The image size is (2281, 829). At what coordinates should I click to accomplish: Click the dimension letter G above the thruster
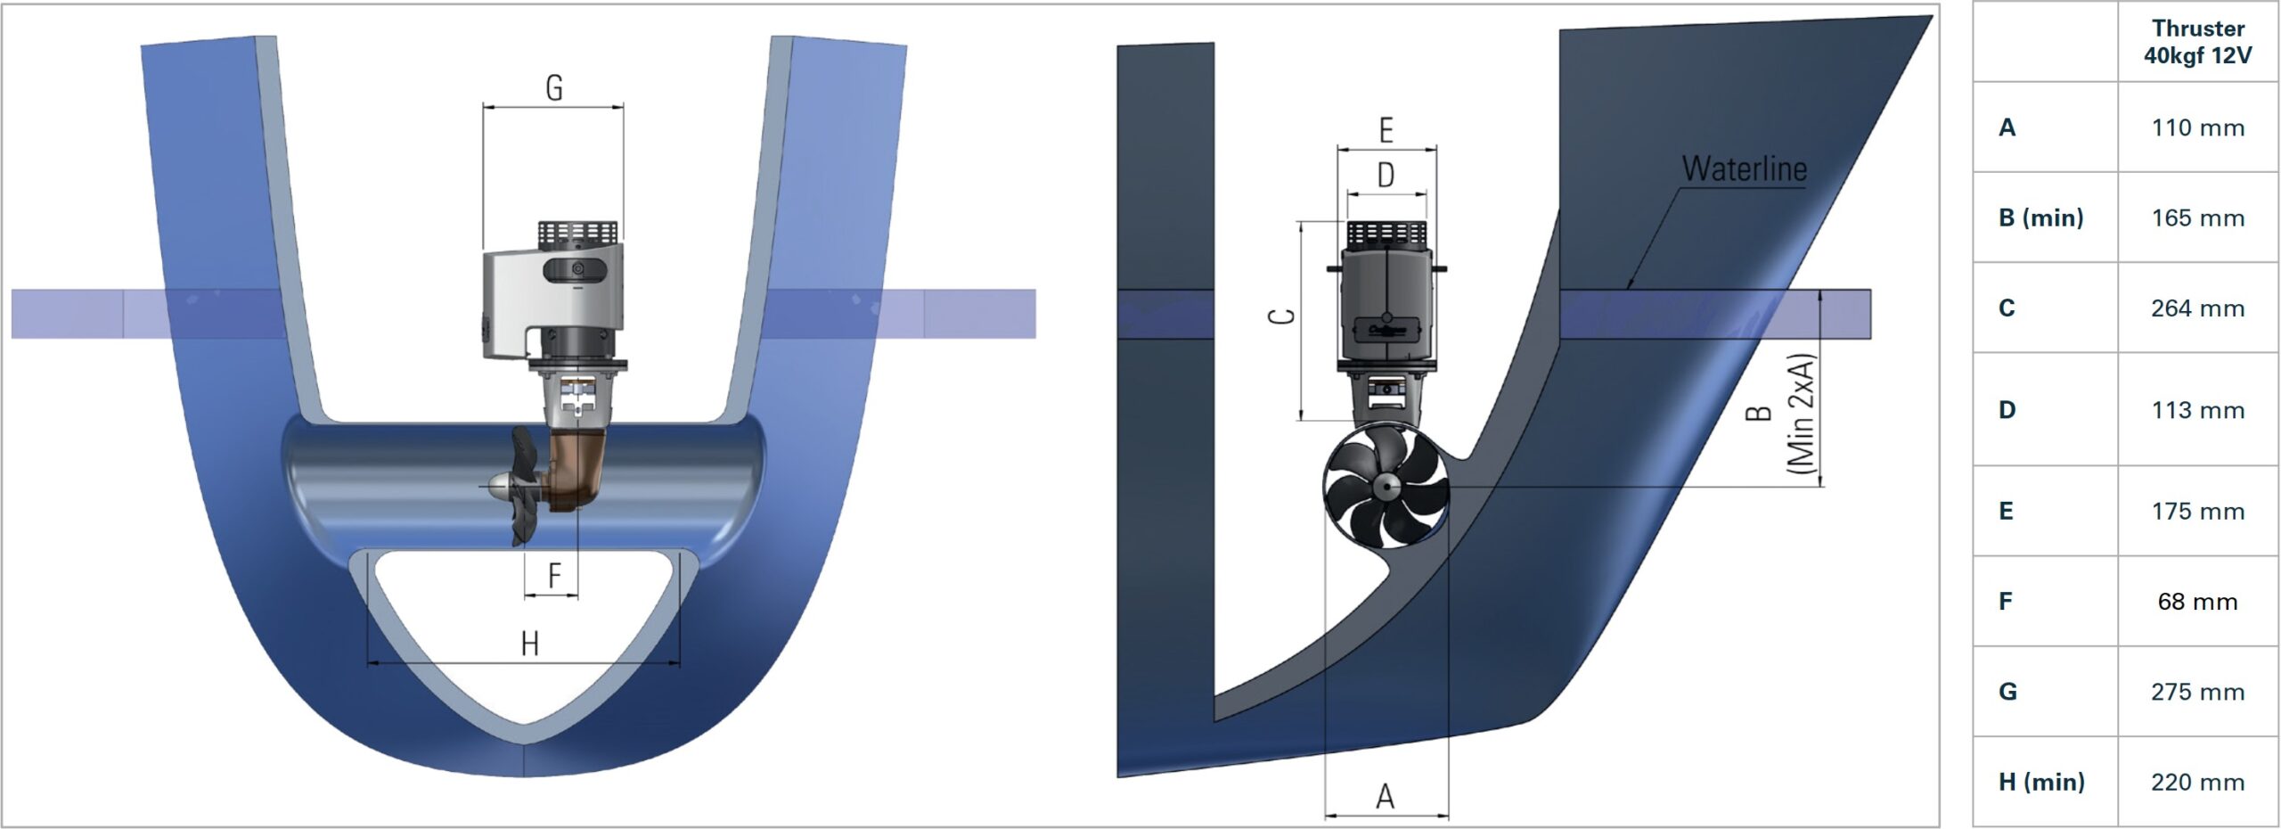coord(553,88)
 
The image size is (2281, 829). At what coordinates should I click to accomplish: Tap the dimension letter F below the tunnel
coord(554,575)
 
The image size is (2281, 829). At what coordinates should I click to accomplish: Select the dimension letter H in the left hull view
coord(529,643)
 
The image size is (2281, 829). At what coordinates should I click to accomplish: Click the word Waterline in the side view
coord(1744,168)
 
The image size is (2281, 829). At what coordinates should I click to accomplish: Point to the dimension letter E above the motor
coord(1386,130)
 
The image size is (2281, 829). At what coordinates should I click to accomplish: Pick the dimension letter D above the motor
coord(1386,175)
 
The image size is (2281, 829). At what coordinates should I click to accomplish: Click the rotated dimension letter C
coord(1282,316)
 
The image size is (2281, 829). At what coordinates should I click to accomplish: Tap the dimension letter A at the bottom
coord(1385,796)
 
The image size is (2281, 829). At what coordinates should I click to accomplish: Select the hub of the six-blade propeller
coord(1386,487)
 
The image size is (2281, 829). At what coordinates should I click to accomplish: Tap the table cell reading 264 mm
coord(2196,308)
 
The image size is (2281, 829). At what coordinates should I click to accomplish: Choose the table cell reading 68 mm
coord(2196,602)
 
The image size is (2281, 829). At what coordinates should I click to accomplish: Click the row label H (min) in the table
coord(2041,782)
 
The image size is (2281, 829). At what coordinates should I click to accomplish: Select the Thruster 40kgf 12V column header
coord(2196,42)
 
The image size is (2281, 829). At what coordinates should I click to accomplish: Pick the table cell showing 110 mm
coord(2196,127)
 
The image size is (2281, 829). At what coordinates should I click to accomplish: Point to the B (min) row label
coord(2040,218)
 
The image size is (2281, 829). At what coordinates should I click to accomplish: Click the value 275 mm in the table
coord(2196,692)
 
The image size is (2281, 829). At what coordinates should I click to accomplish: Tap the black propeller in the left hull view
coord(523,486)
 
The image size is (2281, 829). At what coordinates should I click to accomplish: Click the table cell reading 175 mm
coord(2196,512)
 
